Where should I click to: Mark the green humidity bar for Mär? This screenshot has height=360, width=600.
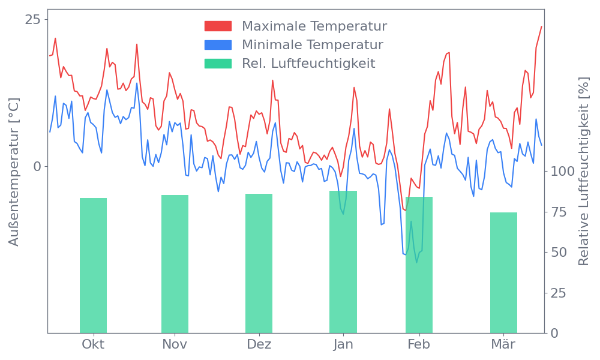[x=503, y=272]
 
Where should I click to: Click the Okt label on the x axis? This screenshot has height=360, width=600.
[x=93, y=344]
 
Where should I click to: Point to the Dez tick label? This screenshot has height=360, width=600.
[x=259, y=344]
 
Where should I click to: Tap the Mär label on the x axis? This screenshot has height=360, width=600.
[x=503, y=344]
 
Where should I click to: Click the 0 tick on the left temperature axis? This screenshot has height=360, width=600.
[x=37, y=166]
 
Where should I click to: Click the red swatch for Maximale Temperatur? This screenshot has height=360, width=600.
[x=218, y=26]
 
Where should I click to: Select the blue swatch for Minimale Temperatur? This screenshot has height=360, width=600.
[x=218, y=45]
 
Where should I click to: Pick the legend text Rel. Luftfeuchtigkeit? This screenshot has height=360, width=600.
[x=308, y=64]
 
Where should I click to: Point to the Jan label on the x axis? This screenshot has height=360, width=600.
[x=343, y=344]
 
